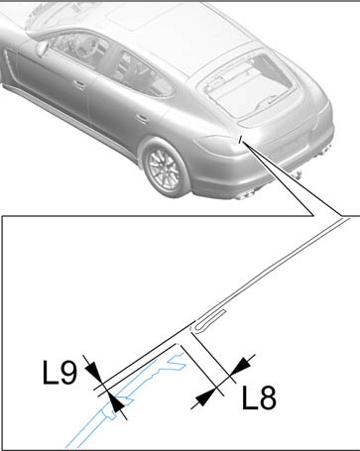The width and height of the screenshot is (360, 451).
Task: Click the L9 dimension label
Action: click(60, 373)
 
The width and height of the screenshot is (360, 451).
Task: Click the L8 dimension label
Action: click(259, 397)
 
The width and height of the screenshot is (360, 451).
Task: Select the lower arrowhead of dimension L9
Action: click(117, 403)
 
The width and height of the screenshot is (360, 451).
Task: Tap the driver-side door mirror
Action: click(43, 49)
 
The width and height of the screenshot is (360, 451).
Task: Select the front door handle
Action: click(79, 84)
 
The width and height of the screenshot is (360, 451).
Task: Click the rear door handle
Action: click(143, 118)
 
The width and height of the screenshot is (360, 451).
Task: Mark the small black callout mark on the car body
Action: click(241, 140)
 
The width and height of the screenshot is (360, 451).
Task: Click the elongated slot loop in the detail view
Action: click(209, 319)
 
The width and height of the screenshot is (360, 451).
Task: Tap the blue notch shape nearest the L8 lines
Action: click(177, 361)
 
